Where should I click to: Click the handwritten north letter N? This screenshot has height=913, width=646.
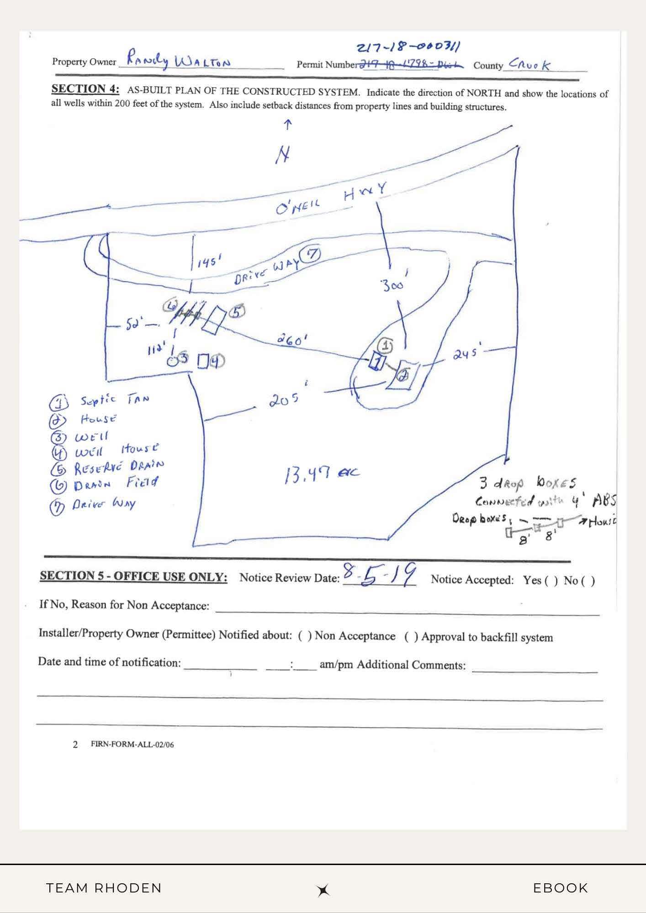click(x=283, y=156)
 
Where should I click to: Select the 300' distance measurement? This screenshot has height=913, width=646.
click(x=393, y=285)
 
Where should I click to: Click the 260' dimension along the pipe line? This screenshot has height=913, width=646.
click(x=292, y=340)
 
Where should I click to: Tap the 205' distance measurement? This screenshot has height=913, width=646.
click(x=284, y=400)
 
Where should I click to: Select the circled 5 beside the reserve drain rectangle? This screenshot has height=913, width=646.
click(x=237, y=312)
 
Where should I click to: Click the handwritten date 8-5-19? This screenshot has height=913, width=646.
click(x=379, y=576)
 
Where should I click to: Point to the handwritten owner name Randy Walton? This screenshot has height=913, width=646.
click(x=178, y=59)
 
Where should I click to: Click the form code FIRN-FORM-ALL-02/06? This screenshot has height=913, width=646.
click(x=132, y=745)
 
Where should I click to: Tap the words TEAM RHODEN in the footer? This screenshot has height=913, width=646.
click(x=104, y=888)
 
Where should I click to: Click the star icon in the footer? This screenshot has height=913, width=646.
click(x=323, y=890)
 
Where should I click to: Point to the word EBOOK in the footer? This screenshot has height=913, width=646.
click(x=561, y=888)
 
